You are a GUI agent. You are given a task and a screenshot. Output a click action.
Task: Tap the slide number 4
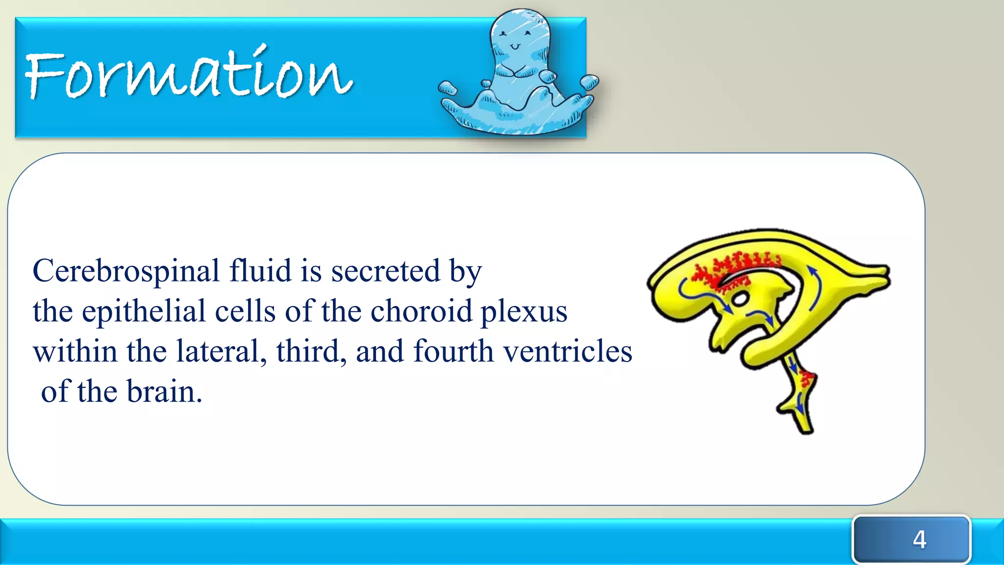pyautogui.click(x=919, y=539)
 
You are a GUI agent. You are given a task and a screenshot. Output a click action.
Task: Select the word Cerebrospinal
pyautogui.click(x=126, y=271)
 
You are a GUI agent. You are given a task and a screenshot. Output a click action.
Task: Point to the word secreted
pyautogui.click(x=385, y=271)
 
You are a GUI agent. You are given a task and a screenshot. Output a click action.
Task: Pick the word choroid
pyautogui.click(x=421, y=311)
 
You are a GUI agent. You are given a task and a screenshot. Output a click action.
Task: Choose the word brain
pyautogui.click(x=164, y=392)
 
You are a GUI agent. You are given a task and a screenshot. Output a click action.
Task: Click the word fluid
pyautogui.click(x=260, y=271)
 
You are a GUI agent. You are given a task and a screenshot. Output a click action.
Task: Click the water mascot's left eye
pyautogui.click(x=503, y=34)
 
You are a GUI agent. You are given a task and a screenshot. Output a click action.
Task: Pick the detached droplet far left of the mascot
pyautogui.click(x=448, y=88)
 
